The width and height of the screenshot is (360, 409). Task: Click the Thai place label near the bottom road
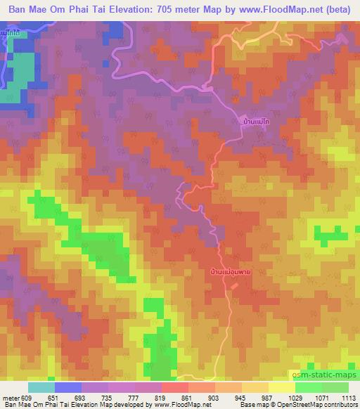(231, 270)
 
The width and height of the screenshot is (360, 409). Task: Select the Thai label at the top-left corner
(10, 34)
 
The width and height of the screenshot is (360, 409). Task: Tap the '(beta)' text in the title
(340, 11)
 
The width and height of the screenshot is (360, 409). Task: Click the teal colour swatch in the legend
(41, 387)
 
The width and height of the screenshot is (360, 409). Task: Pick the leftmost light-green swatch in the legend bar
(309, 387)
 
